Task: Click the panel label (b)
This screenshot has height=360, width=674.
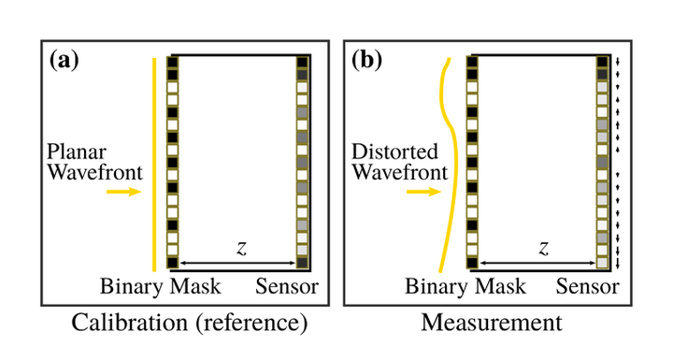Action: (365, 63)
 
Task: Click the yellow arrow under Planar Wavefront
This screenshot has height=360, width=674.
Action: (122, 192)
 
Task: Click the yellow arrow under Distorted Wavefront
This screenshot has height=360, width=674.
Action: (423, 192)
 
